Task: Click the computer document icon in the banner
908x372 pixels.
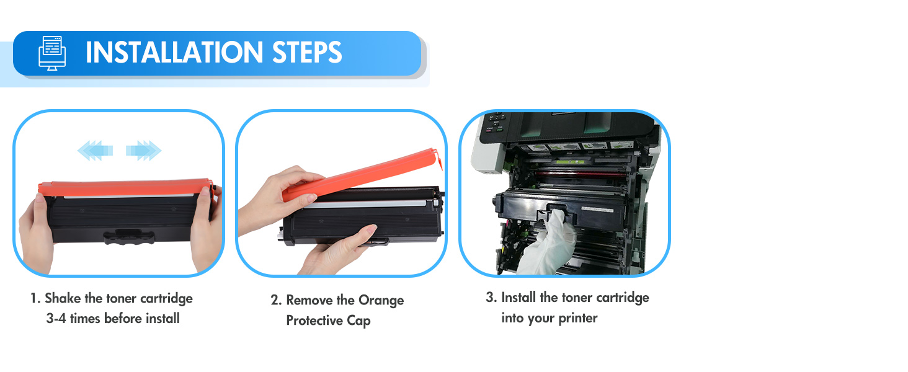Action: (x=52, y=53)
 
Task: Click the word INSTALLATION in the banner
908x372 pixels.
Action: (x=174, y=53)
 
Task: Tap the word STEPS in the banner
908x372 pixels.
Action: (x=307, y=53)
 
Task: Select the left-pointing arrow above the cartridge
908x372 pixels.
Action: (x=95, y=151)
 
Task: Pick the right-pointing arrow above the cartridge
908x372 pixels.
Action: (x=143, y=151)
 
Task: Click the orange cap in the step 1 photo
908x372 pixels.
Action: (x=126, y=188)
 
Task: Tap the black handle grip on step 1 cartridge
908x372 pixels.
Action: (x=129, y=237)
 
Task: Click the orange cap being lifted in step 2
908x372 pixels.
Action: (x=361, y=175)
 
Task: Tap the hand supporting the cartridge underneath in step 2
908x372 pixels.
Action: (x=336, y=249)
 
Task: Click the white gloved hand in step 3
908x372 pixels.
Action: (x=547, y=243)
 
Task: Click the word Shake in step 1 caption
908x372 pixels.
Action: (x=63, y=298)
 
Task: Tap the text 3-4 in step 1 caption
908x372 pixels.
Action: (x=56, y=319)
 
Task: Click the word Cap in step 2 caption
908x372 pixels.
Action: (x=358, y=321)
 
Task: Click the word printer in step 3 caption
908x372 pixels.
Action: (x=578, y=319)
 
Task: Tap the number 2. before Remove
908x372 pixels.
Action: (x=276, y=300)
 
